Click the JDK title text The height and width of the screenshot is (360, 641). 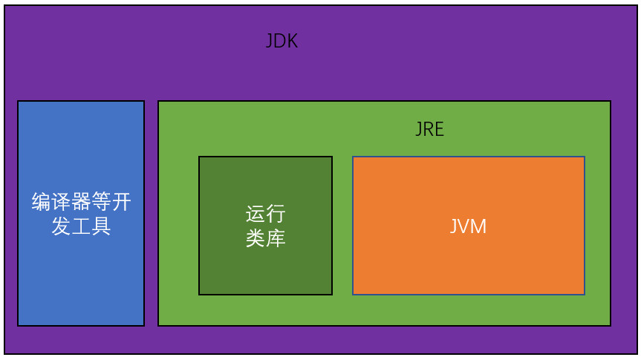click(282, 42)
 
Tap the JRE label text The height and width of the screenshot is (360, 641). click(429, 129)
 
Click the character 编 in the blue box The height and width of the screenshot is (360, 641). click(41, 202)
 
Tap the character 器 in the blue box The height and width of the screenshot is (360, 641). click(81, 202)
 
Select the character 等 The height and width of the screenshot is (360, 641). click(101, 202)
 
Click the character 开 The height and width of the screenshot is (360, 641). click(121, 202)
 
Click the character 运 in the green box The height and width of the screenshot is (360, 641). click(255, 215)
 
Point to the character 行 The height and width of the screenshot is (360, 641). click(276, 215)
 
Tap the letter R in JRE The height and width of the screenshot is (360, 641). click(429, 129)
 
